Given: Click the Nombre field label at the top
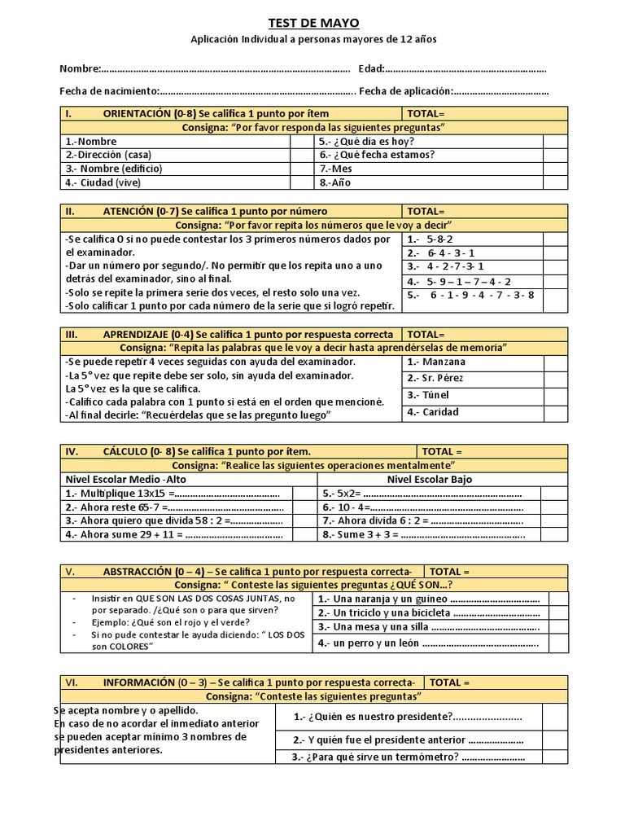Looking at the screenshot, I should tap(80, 68).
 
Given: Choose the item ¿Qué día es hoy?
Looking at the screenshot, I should tap(361, 141).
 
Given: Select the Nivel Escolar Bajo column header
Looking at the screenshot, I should tap(429, 479).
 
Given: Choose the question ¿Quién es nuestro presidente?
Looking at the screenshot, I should tap(372, 717).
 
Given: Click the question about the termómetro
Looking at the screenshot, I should tap(375, 757).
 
